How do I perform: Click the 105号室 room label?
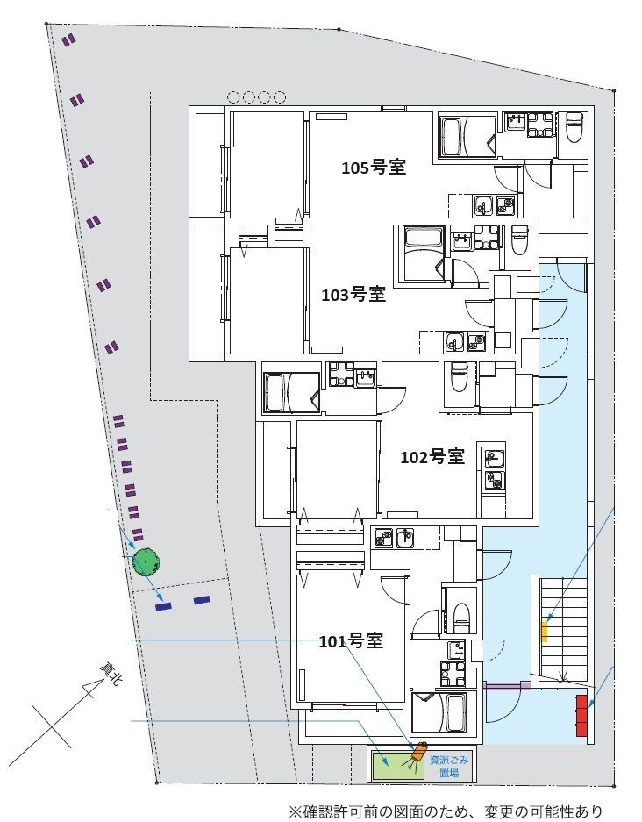pyautogui.click(x=374, y=168)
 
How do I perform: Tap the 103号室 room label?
pyautogui.click(x=353, y=295)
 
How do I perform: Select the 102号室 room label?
pyautogui.click(x=432, y=456)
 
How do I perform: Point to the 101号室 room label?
pyautogui.click(x=351, y=640)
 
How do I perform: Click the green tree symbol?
pyautogui.click(x=146, y=562)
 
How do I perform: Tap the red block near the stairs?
pyautogui.click(x=581, y=716)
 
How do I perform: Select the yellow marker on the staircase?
pyautogui.click(x=545, y=633)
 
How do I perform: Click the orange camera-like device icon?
pyautogui.click(x=419, y=752)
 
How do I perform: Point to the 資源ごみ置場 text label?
pyautogui.click(x=449, y=766)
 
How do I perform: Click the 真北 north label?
pyautogui.click(x=111, y=675)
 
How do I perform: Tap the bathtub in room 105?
pyautogui.click(x=469, y=136)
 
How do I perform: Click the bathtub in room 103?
pyautogui.click(x=424, y=254)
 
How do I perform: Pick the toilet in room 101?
pyautogui.click(x=460, y=618)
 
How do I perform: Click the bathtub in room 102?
pyautogui.click(x=292, y=393)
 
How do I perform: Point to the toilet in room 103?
pyautogui.click(x=519, y=240)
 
